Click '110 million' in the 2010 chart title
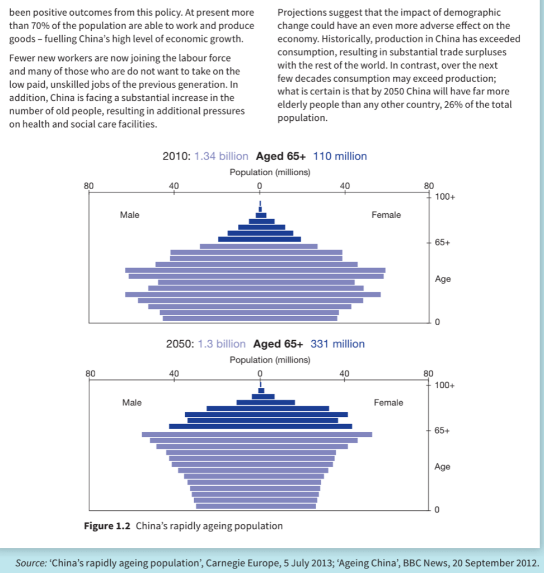pos(340,157)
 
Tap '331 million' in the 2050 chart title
pos(337,344)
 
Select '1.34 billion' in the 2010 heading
pos(221,157)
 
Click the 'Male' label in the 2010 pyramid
pos(129,215)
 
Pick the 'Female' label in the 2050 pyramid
pos(388,403)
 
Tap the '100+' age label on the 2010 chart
pos(445,197)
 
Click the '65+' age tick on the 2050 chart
pos(442,431)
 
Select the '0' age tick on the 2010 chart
pos(437,322)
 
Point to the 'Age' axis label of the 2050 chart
pos(442,467)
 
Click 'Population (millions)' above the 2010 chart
pos(270,172)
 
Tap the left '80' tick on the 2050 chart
pos(91,373)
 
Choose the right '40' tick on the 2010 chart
pos(344,185)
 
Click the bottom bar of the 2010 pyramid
pos(250,318)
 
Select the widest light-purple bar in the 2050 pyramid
pos(257,434)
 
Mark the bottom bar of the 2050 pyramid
pos(256,506)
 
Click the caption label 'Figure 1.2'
pos(107,526)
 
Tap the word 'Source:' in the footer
pos(31,563)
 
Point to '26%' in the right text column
pos(456,105)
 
